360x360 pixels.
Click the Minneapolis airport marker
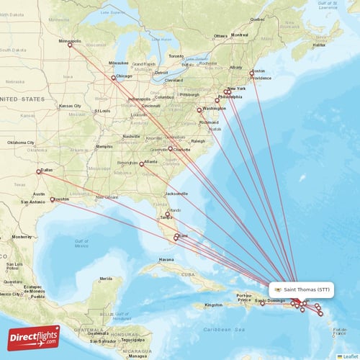coord(70,45)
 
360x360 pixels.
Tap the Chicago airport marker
coord(113,78)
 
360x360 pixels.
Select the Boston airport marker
coord(251,73)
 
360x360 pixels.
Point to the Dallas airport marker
coord(40,171)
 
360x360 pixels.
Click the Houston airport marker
coord(53,199)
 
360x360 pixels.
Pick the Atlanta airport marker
coord(142,164)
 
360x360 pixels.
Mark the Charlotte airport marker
coord(171,148)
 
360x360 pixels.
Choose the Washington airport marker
coord(199,110)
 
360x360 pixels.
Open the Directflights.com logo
coord(34,337)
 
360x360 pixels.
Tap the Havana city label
coord(166,259)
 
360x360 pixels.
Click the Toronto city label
coord(176,56)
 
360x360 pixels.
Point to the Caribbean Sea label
coord(247,329)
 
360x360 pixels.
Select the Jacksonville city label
coord(176,194)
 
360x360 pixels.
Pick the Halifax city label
coord(320,45)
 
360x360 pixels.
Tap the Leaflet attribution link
coord(350,356)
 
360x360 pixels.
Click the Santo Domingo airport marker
coord(263,303)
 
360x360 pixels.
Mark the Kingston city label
coord(214,305)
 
